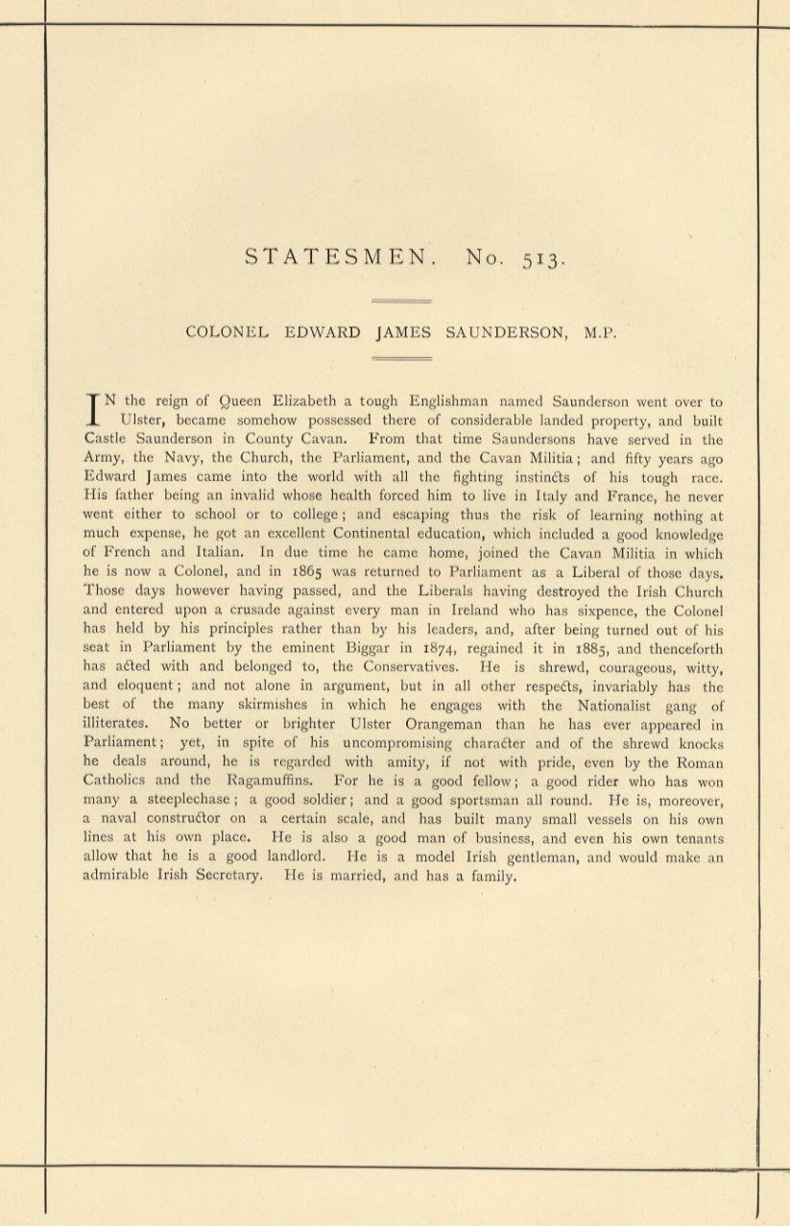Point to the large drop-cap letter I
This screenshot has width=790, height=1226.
coord(94,410)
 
